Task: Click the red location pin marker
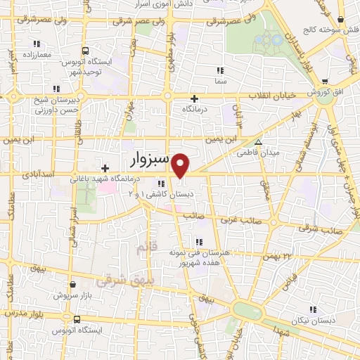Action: click(181, 165)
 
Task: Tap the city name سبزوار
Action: click(148, 157)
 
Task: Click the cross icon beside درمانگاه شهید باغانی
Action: click(105, 168)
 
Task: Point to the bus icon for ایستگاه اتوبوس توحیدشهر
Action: click(85, 51)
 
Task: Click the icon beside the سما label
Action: click(219, 70)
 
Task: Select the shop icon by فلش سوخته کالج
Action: click(340, 21)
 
